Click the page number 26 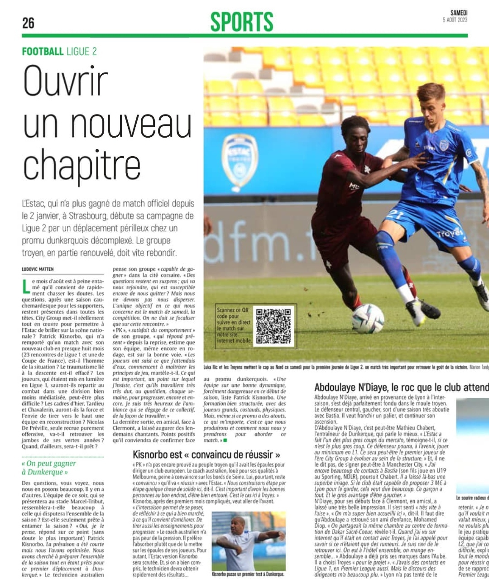point(28,23)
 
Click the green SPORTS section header point(242,22)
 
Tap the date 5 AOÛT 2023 point(455,20)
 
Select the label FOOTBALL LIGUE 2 point(59,51)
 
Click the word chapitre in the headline point(81,166)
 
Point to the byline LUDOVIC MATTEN point(38,269)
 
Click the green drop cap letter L point(26,287)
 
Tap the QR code point(273,326)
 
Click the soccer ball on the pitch point(368,318)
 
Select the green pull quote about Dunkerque point(49,468)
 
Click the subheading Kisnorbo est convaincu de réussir point(206,455)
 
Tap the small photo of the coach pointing point(248,541)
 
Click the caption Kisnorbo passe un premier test point(248,574)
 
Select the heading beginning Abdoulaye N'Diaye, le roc point(401,388)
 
